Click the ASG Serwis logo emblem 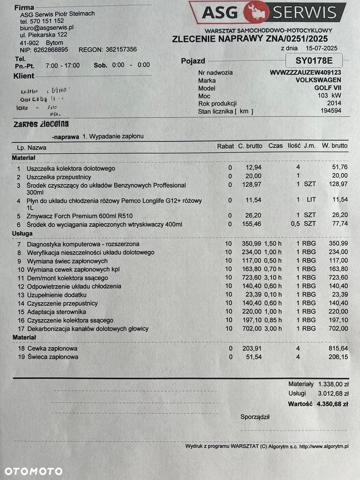pos(256,12)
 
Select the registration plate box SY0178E pos(313,61)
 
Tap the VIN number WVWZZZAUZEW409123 pos(306,72)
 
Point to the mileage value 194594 pos(331,111)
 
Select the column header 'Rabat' pos(226,146)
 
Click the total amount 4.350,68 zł pos(332,404)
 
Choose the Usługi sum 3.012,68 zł pos(332,394)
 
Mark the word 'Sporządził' pos(255,417)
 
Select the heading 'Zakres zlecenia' pos(41,124)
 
